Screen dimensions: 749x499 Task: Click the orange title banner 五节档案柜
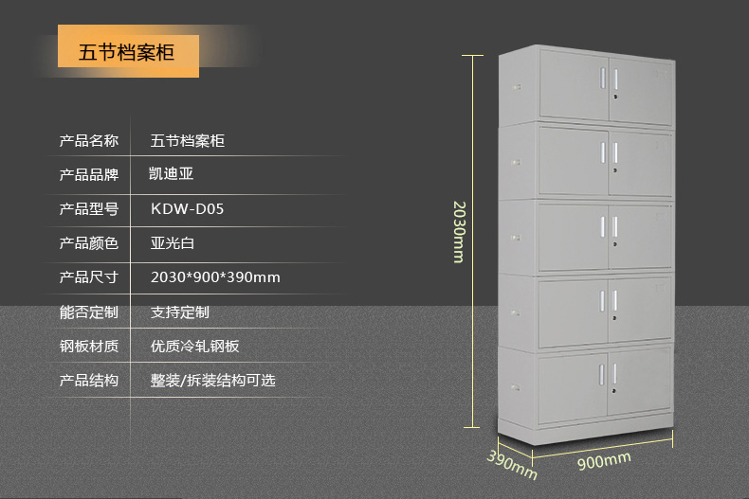coord(128,51)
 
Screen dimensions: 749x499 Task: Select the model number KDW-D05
coord(188,209)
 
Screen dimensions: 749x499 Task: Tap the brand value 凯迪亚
coord(171,173)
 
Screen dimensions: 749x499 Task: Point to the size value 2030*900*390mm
coord(215,277)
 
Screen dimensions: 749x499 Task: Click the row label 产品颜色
coord(89,243)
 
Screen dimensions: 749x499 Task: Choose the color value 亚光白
coord(173,243)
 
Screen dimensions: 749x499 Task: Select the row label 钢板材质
coord(89,346)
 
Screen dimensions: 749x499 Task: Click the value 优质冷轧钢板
coord(195,346)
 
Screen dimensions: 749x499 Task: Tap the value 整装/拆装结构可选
coord(213,381)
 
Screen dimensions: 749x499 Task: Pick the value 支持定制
coord(180,312)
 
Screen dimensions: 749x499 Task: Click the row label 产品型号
coord(89,209)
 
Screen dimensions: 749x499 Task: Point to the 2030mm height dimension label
coord(459,232)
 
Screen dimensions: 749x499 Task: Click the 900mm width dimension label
coord(604,461)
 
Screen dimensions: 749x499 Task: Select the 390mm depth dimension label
coord(512,465)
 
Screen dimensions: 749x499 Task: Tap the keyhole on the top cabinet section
coord(615,97)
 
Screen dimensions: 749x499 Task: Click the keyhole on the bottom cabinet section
coord(613,391)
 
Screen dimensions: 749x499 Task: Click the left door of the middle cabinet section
coord(574,237)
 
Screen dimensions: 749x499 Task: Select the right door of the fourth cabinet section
coord(640,309)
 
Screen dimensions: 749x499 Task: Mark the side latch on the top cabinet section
coord(516,87)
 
